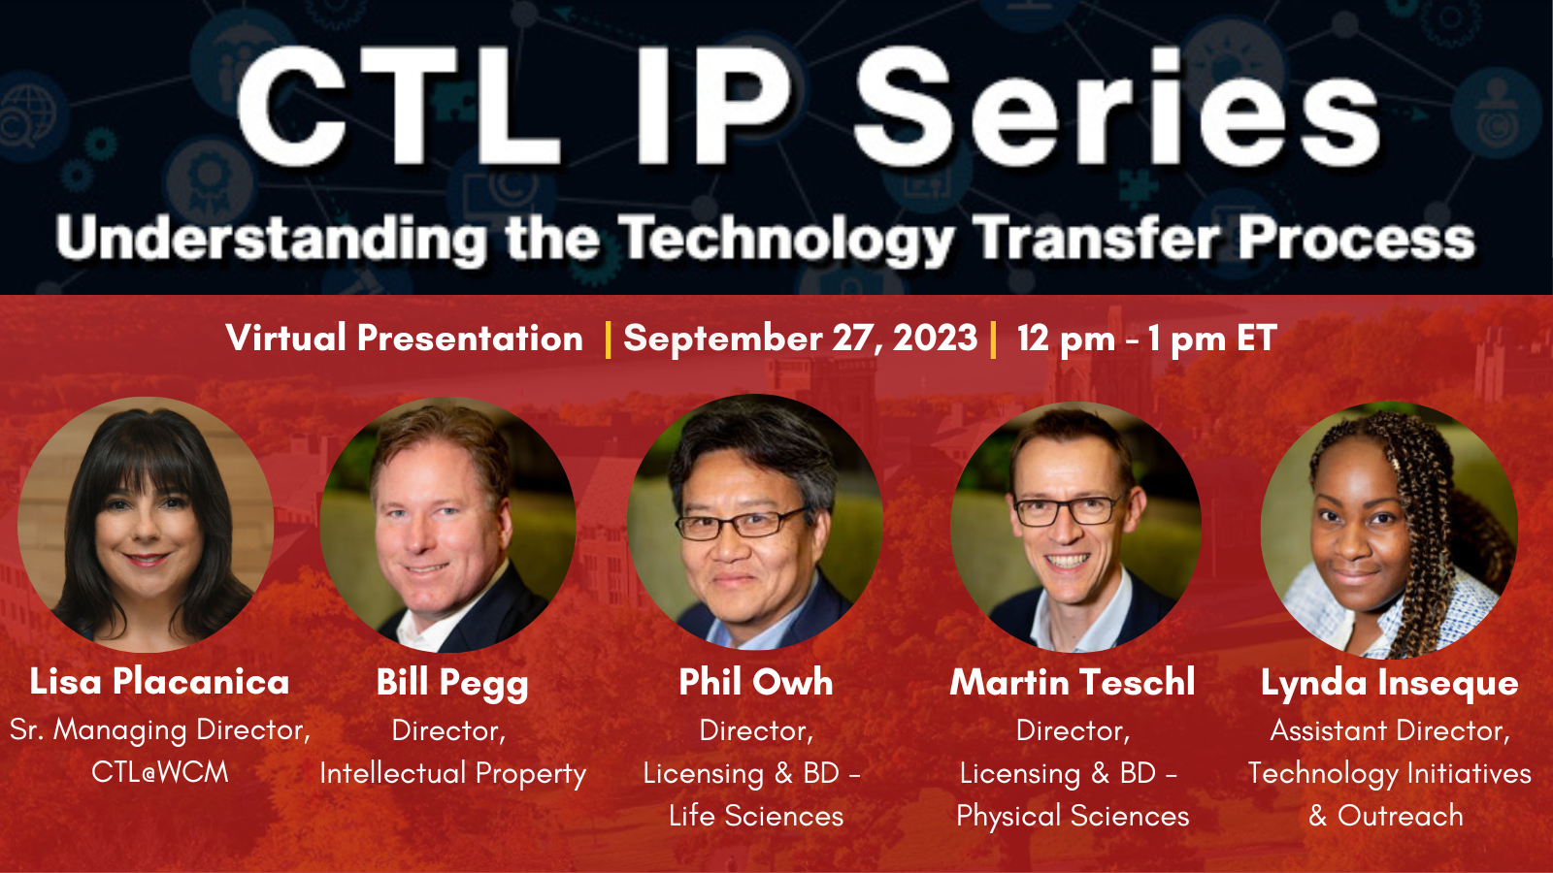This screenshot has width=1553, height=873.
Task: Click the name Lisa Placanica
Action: [159, 682]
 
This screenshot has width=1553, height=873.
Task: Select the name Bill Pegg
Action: [452, 683]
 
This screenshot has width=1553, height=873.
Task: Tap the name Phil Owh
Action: [755, 682]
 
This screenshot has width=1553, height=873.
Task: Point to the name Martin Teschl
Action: [1073, 682]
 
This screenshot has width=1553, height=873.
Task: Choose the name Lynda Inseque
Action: [1389, 683]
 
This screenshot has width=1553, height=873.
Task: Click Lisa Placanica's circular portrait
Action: [146, 524]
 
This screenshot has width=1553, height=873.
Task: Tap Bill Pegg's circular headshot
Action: [447, 524]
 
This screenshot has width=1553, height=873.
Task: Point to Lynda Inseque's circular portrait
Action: [1389, 530]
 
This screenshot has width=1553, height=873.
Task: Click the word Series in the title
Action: [1116, 107]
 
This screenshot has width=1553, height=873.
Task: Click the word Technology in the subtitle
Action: [786, 240]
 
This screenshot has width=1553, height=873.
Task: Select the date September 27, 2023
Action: [800, 339]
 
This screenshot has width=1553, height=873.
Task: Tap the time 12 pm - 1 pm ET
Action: [1146, 339]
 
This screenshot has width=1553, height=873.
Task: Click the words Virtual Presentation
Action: [404, 339]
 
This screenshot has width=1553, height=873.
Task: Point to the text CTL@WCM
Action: [160, 772]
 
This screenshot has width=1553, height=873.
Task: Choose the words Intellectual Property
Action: [452, 774]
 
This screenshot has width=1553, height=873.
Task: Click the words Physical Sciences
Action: [1073, 817]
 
